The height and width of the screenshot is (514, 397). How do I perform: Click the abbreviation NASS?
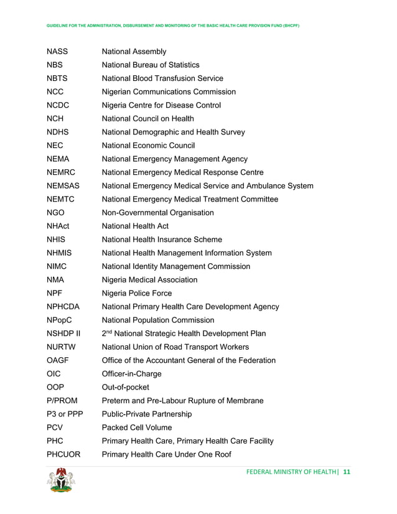(x=57, y=52)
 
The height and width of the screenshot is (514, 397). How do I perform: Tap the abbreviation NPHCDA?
(x=65, y=307)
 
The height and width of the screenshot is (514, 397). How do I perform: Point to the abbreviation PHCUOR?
(x=63, y=454)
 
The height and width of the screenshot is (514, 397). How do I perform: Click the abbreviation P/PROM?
(x=62, y=401)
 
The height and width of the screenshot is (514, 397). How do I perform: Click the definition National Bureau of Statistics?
(x=150, y=65)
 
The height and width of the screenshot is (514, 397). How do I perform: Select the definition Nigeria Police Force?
(x=136, y=293)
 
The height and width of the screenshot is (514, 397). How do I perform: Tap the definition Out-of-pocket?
(x=125, y=387)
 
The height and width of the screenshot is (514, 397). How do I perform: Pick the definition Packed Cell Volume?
(x=136, y=428)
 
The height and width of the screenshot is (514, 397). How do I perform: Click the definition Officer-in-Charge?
(x=131, y=374)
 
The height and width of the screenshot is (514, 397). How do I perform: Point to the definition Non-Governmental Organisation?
(x=157, y=213)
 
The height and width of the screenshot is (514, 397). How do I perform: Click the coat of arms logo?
(x=61, y=481)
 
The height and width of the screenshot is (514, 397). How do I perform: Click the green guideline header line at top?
(x=173, y=26)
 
